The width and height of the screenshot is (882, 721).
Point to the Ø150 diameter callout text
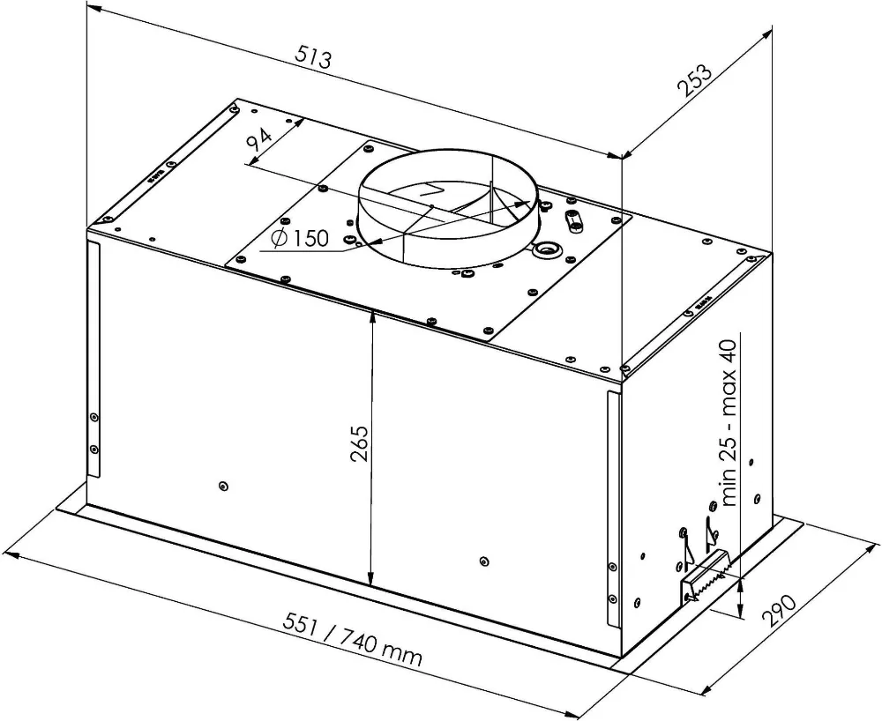[x=300, y=239]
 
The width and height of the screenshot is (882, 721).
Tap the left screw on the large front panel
[x=221, y=485]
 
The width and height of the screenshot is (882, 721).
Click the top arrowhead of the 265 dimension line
[x=371, y=316]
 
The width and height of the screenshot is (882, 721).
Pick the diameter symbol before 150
[x=278, y=239]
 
